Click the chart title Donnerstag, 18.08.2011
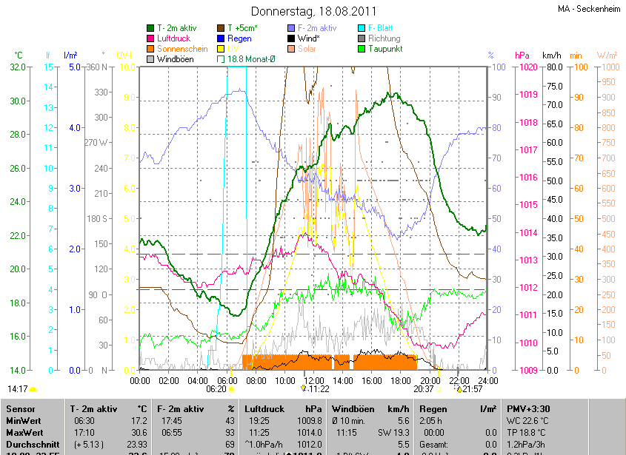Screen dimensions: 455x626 coord(313,11)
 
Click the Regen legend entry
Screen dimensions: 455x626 coord(239,38)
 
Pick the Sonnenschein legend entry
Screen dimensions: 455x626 coord(182,49)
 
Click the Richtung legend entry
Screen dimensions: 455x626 coord(384,38)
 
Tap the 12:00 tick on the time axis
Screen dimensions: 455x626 coord(313,380)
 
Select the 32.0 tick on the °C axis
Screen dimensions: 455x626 coord(16,67)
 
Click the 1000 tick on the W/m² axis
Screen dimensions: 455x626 coord(607,67)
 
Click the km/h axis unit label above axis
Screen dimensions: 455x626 coord(552,55)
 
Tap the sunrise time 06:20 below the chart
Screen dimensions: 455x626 coord(216,388)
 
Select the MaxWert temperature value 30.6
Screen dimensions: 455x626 coord(139,432)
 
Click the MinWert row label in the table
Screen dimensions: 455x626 coord(23,420)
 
